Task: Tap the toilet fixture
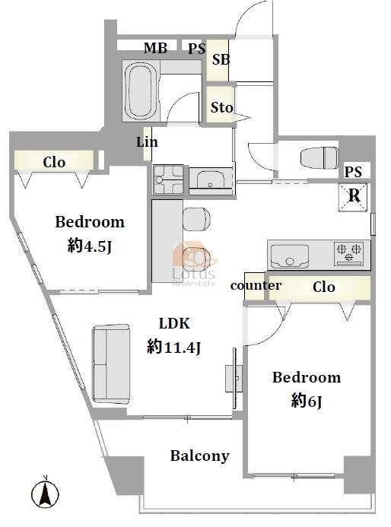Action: pyautogui.click(x=319, y=158)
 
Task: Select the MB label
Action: pyautogui.click(x=155, y=48)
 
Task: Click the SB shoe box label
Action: pyautogui.click(x=221, y=60)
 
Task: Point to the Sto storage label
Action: pyautogui.click(x=221, y=107)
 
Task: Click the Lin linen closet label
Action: pyautogui.click(x=147, y=142)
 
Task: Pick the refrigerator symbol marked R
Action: pyautogui.click(x=353, y=198)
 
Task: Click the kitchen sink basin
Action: pyautogui.click(x=290, y=256)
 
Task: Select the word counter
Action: pyautogui.click(x=256, y=285)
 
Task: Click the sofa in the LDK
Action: pyautogui.click(x=111, y=364)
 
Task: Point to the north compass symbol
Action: pyautogui.click(x=45, y=493)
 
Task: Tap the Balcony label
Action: pyautogui.click(x=200, y=456)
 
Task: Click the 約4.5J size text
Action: pyautogui.click(x=90, y=246)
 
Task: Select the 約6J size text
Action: pyautogui.click(x=307, y=401)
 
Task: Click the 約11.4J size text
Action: pyautogui.click(x=173, y=347)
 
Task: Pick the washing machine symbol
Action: pyautogui.click(x=168, y=179)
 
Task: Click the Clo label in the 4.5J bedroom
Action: pyautogui.click(x=54, y=162)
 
